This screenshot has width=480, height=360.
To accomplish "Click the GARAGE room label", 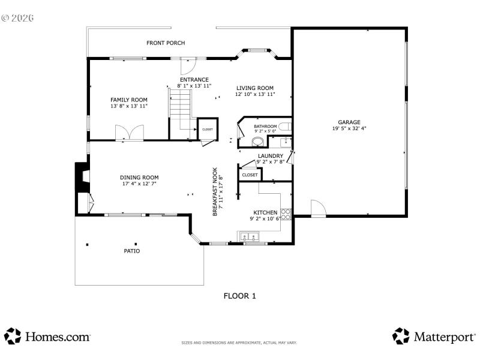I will click(x=349, y=122).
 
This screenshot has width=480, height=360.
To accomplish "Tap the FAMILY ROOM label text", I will click(x=128, y=100).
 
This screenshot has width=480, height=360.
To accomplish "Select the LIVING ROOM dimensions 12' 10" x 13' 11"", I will click(x=255, y=94).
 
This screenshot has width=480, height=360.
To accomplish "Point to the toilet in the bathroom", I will click(x=286, y=127).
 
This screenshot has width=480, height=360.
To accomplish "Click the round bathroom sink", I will click(x=257, y=142).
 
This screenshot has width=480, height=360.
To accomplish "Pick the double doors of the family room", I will click(x=130, y=133).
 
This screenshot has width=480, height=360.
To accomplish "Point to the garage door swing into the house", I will click(x=317, y=208).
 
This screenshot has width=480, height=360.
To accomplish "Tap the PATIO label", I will click(x=132, y=251).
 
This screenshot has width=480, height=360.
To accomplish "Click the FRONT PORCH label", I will click(x=166, y=43).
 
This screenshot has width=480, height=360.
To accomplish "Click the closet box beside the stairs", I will click(x=207, y=129).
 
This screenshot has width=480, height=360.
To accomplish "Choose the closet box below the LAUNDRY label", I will click(x=250, y=175).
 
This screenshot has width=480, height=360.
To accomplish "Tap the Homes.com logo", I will click(x=47, y=337).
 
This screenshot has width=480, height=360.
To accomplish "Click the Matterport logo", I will click(x=434, y=337).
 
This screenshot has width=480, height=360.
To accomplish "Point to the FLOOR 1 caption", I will click(x=240, y=295).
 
